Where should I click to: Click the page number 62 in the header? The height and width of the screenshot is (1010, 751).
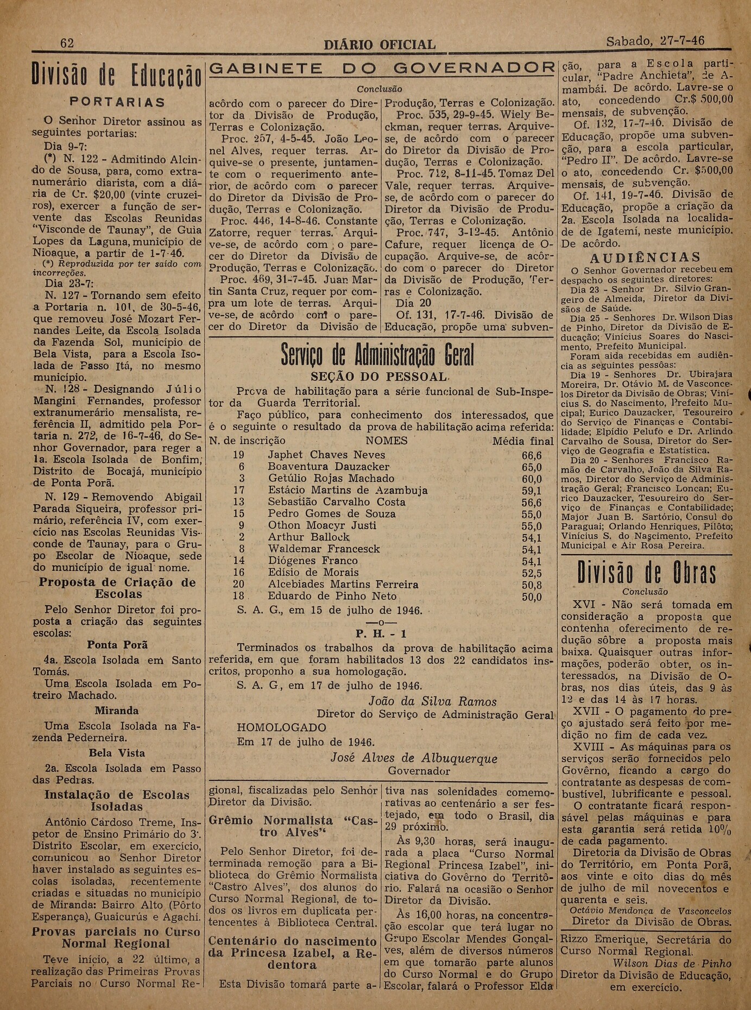coord(67,43)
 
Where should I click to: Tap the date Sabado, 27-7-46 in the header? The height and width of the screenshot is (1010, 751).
coord(655,41)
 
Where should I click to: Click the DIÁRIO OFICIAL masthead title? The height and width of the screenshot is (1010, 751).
coord(379,45)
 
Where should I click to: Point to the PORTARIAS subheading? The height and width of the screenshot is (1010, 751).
coord(117,102)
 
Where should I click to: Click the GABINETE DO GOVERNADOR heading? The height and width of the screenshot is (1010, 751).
coord(382,68)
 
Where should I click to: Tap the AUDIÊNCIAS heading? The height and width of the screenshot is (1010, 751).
coord(645,257)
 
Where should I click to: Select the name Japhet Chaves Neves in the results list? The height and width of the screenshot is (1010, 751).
coord(326,455)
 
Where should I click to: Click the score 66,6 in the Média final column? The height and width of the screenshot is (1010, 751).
coord(532,455)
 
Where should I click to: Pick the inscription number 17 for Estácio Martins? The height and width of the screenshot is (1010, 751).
coord(239,490)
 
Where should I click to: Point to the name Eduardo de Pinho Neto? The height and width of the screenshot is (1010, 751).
coord(332,596)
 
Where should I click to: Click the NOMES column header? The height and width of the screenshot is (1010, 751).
coord(386,441)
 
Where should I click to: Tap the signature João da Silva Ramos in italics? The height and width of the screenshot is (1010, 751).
coord(432,701)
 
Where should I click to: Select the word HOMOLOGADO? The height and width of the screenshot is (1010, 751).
coord(281,727)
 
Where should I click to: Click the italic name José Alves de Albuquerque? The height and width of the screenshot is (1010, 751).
coord(414,758)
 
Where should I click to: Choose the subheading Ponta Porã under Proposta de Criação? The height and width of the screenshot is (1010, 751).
coord(117,645)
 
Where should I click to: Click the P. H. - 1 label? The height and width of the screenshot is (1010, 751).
coord(381,633)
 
